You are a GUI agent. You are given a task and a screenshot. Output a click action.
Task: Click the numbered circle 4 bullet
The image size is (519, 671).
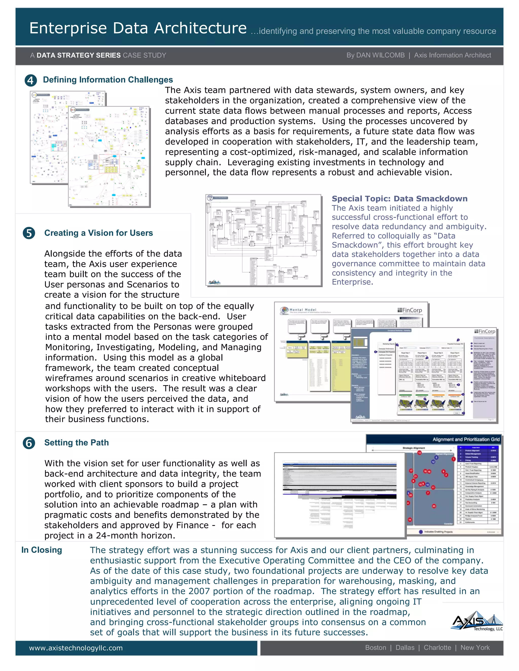30,81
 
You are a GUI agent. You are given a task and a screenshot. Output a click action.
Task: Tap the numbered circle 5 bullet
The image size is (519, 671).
29,233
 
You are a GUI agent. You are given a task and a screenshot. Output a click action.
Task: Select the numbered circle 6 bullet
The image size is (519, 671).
29,443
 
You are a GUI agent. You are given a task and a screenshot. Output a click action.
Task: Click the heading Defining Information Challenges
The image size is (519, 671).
108,80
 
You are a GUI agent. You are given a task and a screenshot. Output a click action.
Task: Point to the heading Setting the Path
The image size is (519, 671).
76,443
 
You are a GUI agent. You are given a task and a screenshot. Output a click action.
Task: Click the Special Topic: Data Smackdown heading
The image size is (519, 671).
399,199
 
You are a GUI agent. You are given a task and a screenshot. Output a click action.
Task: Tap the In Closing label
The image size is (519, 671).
42,550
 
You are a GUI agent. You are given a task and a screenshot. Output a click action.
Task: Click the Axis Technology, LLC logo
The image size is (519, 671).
477,622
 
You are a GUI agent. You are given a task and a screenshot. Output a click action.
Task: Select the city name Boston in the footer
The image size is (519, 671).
375,648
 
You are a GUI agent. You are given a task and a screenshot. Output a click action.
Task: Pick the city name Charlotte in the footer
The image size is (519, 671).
437,648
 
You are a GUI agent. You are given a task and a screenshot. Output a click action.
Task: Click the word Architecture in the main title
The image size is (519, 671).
200,28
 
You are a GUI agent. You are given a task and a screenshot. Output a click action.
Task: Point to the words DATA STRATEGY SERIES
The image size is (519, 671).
78,55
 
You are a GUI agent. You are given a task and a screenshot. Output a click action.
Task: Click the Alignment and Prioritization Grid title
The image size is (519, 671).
466,439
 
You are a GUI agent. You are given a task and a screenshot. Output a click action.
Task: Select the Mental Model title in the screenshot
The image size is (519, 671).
303,310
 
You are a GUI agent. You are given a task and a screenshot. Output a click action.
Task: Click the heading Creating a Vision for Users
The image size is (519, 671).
98,233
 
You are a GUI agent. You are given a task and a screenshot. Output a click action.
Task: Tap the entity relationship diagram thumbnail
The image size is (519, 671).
264,240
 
